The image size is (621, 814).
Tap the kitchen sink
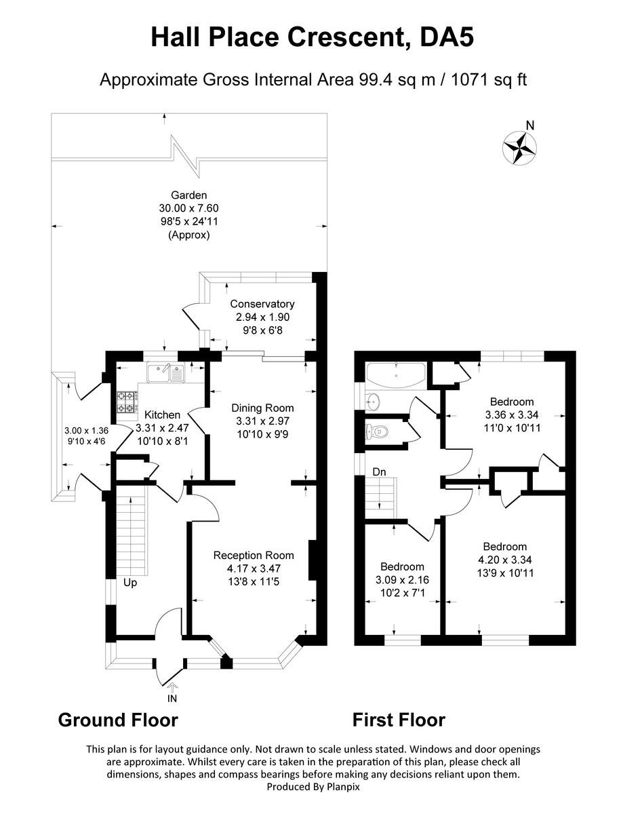coord(165,373)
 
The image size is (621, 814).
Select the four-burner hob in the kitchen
coord(127,404)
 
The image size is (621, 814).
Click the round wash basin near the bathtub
coord(372,400)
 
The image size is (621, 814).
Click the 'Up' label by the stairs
coord(131,582)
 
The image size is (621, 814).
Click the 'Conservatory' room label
coord(262,304)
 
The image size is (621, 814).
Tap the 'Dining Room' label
coord(262,408)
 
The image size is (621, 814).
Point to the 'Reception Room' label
coord(254,555)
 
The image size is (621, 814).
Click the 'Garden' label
coord(188,195)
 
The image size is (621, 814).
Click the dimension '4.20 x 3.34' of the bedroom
coord(504,560)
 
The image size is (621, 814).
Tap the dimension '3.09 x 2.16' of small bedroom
coord(401,580)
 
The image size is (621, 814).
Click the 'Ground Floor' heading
coord(118,720)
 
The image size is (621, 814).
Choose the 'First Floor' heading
coord(399,720)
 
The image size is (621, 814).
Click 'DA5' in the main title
coord(444,37)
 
